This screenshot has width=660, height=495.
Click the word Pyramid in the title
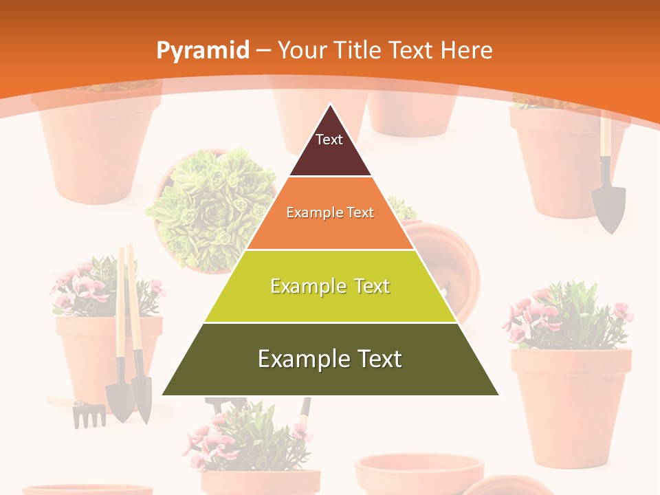pyautogui.click(x=202, y=51)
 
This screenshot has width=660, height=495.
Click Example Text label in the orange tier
pyautogui.click(x=330, y=212)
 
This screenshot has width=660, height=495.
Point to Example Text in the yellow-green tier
pyautogui.click(x=330, y=286)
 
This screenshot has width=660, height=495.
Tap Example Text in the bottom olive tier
pyautogui.click(x=330, y=359)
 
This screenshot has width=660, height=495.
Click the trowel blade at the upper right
pyautogui.click(x=608, y=206)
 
